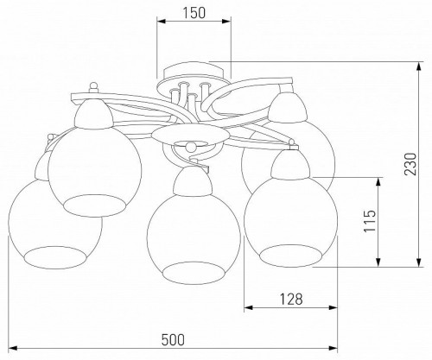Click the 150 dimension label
coord(194,13)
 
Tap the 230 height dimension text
coord(410,164)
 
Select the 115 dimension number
coord(370,221)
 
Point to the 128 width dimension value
coord(291,300)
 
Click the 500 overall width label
coord(173,340)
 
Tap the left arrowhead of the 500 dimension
coord(13,349)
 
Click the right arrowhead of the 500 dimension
coord(333,349)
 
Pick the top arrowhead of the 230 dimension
coord(419,66)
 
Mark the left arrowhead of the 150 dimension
coord(162,21)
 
